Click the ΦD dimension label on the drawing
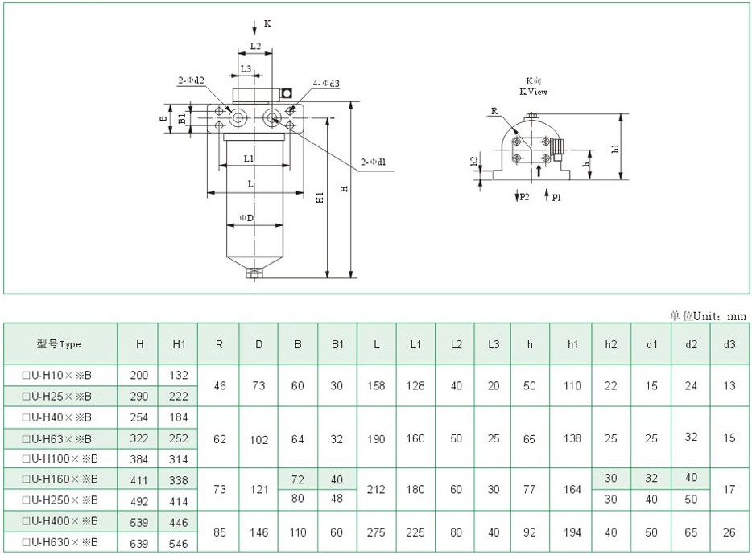click(x=247, y=218)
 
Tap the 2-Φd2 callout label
click(x=191, y=80)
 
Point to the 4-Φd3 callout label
click(x=326, y=84)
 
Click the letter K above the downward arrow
click(x=267, y=24)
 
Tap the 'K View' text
click(x=533, y=92)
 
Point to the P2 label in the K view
click(x=524, y=197)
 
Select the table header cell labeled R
click(x=219, y=344)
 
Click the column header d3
click(x=729, y=344)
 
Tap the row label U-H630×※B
click(x=61, y=544)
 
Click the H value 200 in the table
click(x=139, y=375)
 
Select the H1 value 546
click(x=179, y=544)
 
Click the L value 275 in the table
click(x=377, y=533)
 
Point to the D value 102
click(x=258, y=438)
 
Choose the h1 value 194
click(x=572, y=533)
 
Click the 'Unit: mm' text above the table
click(x=709, y=316)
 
